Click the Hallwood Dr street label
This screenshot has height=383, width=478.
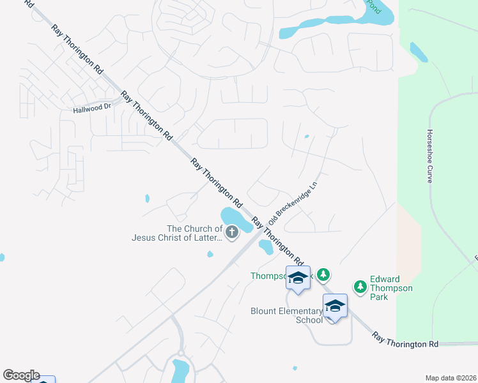93,107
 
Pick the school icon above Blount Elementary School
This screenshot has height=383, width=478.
335,306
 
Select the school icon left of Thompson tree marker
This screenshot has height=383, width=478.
298,278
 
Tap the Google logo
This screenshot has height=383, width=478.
21,375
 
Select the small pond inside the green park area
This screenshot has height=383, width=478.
419,52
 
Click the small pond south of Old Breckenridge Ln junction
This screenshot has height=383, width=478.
266,247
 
